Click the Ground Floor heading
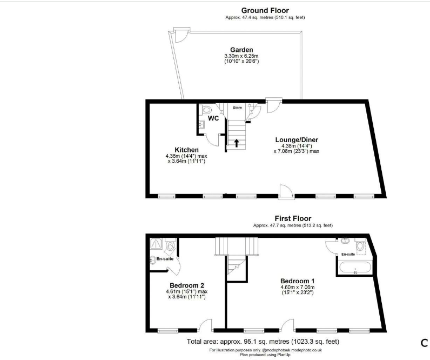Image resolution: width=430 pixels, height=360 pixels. coord(265,10)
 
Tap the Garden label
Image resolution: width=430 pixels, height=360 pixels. coord(241,50)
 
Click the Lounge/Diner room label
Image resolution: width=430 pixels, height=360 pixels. coord(297,139)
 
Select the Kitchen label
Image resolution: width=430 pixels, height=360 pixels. coord(186,150)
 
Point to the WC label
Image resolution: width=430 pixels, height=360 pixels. coord(213,118)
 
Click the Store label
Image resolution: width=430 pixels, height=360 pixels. coord(238,108)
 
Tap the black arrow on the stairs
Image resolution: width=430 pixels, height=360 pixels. coord(236,143)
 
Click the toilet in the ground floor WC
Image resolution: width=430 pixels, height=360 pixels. coord(206,110)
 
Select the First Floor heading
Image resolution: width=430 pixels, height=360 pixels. coord(293,218)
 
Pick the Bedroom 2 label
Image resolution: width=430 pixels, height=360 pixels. coord(187,285)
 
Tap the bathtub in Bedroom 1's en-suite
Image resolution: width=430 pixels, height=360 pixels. coord(355,268)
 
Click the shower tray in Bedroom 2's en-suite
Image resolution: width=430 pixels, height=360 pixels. coord(157,244)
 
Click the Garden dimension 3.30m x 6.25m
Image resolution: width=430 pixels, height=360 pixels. coord(241,56)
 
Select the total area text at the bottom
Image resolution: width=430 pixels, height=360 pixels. coord(263,342)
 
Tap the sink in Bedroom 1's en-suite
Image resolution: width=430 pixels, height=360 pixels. coord(345,241)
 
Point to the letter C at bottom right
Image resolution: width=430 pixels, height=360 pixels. coord(424,343)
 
